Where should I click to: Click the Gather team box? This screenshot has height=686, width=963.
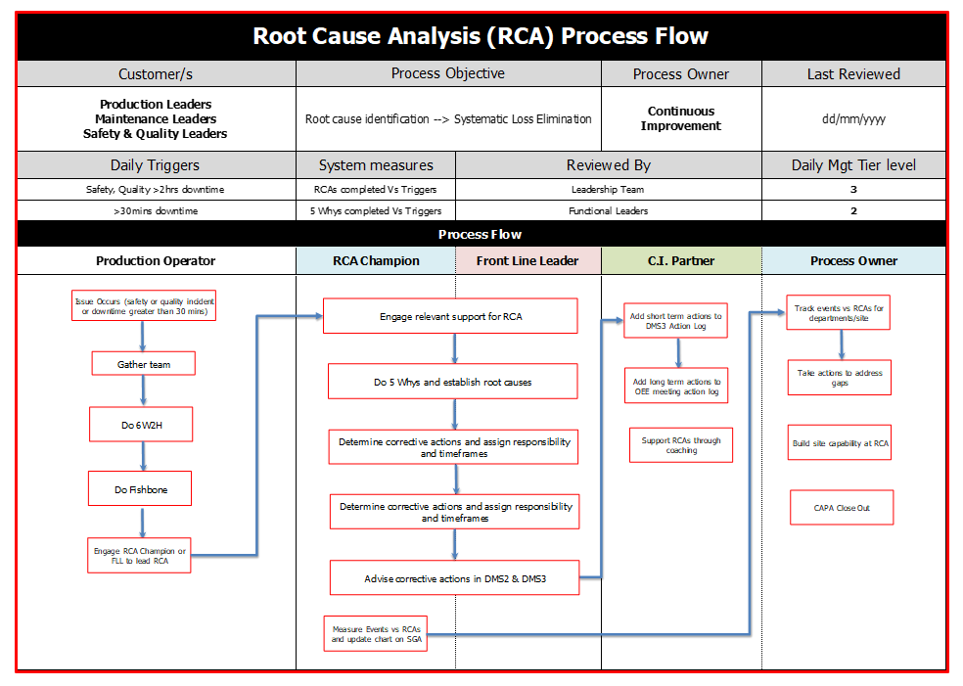(144, 364)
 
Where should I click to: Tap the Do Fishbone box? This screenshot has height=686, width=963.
(140, 488)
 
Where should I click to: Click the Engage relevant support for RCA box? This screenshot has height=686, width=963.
(450, 316)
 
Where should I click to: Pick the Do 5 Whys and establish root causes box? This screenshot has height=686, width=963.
(452, 382)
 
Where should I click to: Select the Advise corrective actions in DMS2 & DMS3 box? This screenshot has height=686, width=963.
(454, 578)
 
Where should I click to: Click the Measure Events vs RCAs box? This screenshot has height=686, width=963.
(375, 632)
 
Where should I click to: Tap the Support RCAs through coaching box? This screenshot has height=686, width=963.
(681, 445)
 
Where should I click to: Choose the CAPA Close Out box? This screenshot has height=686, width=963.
(842, 508)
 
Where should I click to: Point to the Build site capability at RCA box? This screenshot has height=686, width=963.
(841, 443)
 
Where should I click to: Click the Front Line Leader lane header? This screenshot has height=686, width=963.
(527, 260)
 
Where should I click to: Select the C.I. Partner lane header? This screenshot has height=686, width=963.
(681, 260)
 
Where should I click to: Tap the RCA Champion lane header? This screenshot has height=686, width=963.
(376, 260)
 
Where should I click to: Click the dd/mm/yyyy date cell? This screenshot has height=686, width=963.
(853, 118)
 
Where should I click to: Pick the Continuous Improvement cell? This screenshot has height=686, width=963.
(681, 118)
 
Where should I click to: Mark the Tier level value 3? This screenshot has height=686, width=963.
(853, 190)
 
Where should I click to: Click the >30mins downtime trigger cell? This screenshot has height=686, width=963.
(157, 210)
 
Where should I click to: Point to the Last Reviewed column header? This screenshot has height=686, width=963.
(853, 73)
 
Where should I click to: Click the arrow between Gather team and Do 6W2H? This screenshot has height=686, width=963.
(144, 390)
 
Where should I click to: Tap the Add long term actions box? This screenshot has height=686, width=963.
(675, 387)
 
